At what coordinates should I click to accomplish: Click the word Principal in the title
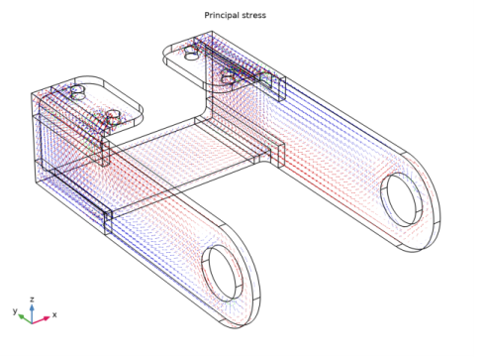point(223,15)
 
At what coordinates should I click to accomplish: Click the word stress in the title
point(254,15)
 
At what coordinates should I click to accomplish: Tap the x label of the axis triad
point(54,314)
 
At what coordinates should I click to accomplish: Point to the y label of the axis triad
point(15,310)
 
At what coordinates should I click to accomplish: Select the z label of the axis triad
point(33,298)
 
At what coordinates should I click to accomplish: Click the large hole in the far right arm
point(402,195)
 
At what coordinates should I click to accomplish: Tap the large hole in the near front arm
point(223,269)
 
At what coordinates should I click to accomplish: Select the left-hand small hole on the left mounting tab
point(78,91)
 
